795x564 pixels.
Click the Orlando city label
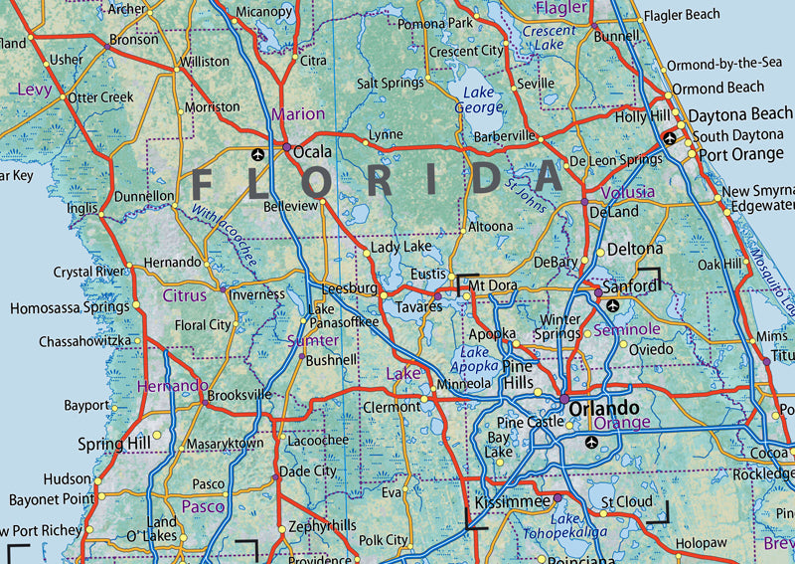click(x=603, y=409)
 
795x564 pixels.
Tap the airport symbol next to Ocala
click(x=259, y=154)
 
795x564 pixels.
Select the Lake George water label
click(x=479, y=99)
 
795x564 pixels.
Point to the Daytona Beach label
click(x=740, y=114)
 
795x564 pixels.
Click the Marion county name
click(x=297, y=114)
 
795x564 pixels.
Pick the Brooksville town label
click(x=238, y=394)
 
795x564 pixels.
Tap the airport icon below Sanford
click(x=612, y=305)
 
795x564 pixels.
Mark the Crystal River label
click(x=89, y=272)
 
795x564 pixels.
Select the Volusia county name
click(x=628, y=191)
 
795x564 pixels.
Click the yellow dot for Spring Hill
click(x=156, y=436)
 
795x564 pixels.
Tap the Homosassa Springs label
click(x=70, y=308)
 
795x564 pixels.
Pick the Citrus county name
click(x=185, y=295)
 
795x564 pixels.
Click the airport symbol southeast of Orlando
click(x=593, y=442)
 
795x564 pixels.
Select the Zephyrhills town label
click(x=321, y=525)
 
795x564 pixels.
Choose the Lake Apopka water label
click(x=475, y=359)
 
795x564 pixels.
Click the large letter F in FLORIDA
click(x=202, y=182)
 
